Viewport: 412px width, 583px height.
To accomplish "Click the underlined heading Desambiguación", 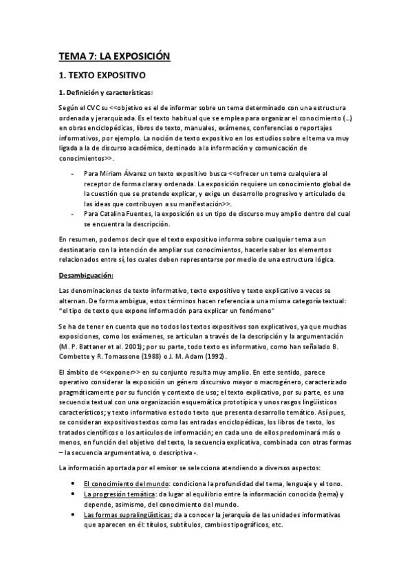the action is pos(85,275).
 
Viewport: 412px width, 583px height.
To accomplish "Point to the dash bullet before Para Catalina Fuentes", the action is pos(73,214).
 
